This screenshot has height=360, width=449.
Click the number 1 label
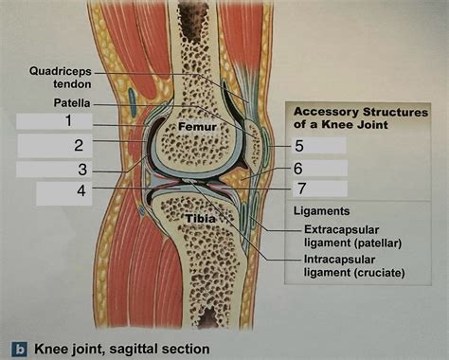point(68,121)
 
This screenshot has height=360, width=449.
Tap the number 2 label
point(79,146)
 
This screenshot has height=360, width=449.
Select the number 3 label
point(83,170)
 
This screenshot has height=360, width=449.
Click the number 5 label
point(298,146)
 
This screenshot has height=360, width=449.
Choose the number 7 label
point(300,188)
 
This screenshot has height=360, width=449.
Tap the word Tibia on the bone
point(201,219)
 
